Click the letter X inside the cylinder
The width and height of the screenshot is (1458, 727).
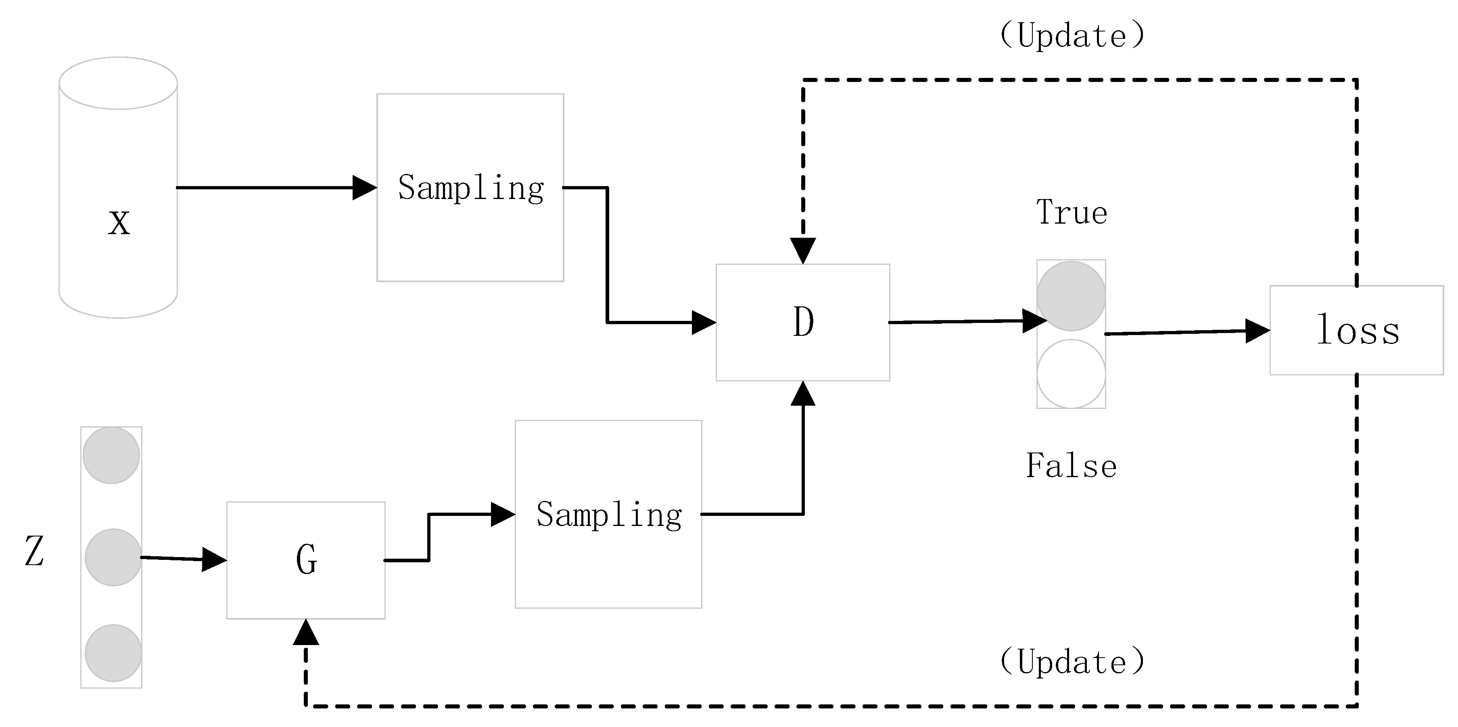tap(119, 223)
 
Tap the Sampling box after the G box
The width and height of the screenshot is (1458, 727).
tap(608, 514)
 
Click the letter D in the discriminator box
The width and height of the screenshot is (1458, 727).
tap(803, 322)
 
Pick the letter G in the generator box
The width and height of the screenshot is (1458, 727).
tap(306, 560)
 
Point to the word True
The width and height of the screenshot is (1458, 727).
tap(1072, 213)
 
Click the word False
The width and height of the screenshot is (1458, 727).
tap(1072, 466)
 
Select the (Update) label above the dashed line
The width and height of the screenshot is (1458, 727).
tap(1072, 36)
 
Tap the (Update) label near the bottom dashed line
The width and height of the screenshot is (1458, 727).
tap(1072, 662)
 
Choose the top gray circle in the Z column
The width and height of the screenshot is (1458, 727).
tap(111, 455)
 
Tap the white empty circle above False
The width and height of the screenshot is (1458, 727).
tap(1071, 374)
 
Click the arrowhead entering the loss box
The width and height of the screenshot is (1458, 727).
tap(1257, 331)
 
